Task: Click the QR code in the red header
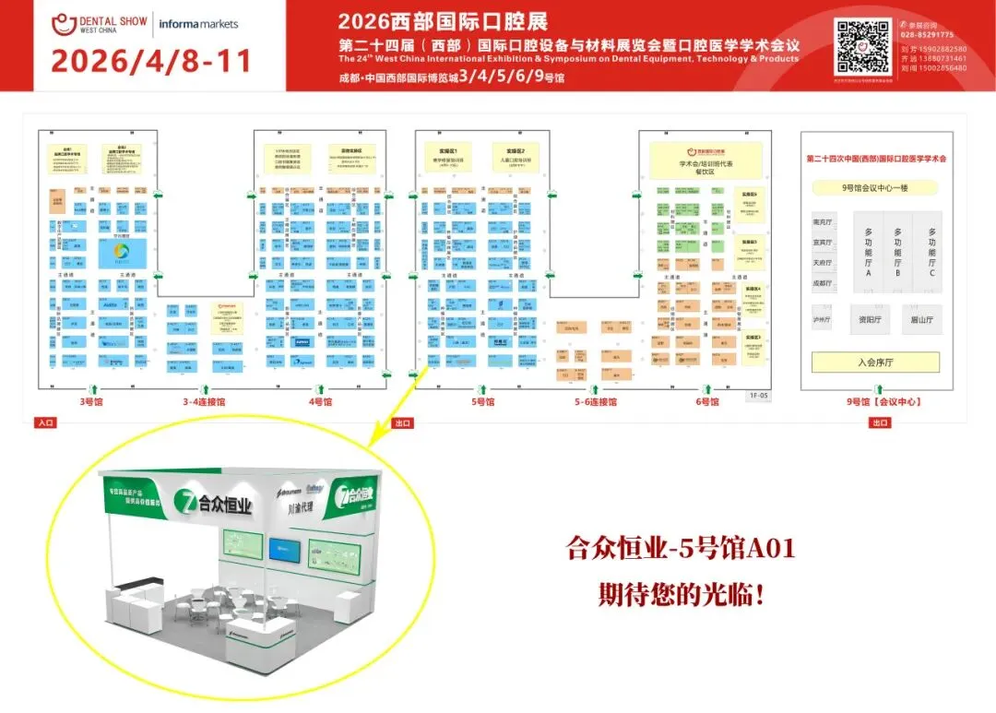click(861, 46)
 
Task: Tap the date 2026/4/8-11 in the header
click(150, 61)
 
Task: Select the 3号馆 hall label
click(91, 401)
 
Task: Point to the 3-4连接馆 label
click(203, 401)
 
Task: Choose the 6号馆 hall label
click(708, 401)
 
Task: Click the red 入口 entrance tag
click(45, 422)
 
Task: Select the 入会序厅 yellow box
click(875, 362)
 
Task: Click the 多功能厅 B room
click(898, 253)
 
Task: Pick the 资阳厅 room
click(870, 320)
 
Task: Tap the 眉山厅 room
click(922, 320)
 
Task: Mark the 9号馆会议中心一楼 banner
click(874, 187)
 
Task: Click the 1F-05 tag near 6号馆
click(759, 394)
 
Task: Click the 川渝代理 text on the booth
click(302, 506)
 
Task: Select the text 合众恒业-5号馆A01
click(681, 550)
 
